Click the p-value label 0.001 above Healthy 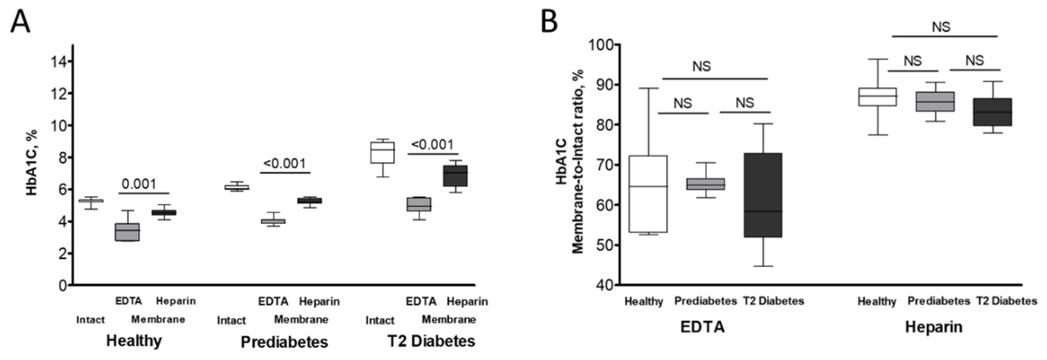click(139, 184)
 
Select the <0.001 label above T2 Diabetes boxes click(432, 145)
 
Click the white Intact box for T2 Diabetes click(382, 152)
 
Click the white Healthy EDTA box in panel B click(648, 194)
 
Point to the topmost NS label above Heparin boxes click(941, 27)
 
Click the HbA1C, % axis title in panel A click(32, 163)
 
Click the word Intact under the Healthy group click(90, 320)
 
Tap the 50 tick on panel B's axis click(604, 245)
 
